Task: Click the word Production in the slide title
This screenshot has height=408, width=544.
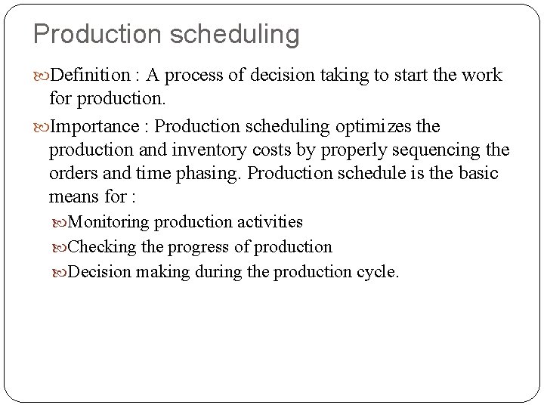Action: click(x=91, y=34)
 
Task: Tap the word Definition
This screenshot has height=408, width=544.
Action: click(x=91, y=76)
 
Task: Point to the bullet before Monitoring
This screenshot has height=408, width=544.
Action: click(x=62, y=223)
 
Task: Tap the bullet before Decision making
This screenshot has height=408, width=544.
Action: click(x=62, y=272)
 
